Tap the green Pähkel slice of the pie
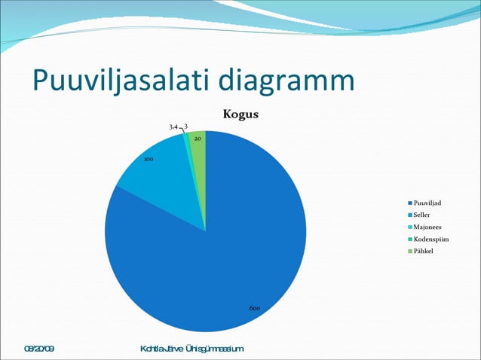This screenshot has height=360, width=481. (x=198, y=151)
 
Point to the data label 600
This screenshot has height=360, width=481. (x=255, y=308)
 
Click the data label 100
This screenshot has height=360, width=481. (x=149, y=160)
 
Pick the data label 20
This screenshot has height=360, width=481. (x=197, y=139)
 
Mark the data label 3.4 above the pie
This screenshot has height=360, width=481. (x=173, y=127)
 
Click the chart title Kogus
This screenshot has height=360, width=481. (x=240, y=114)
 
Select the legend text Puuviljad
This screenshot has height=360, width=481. (x=427, y=203)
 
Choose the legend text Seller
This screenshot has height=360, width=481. (x=422, y=215)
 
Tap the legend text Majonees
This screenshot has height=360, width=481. (x=427, y=227)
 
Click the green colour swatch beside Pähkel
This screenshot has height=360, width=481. (x=409, y=251)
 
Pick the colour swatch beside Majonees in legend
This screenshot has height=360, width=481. (x=409, y=227)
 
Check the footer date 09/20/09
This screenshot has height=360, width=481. (x=39, y=349)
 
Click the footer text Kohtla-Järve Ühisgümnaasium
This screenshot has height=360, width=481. (x=191, y=349)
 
